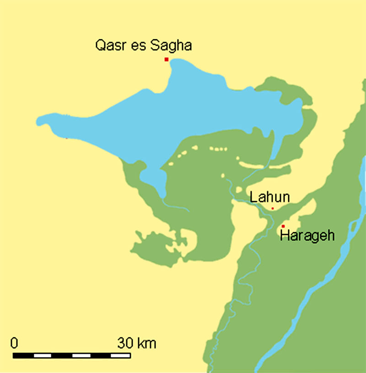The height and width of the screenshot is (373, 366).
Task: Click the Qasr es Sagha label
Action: click(143, 46)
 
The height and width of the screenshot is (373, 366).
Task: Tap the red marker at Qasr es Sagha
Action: click(167, 59)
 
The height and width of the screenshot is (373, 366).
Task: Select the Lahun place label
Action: click(270, 197)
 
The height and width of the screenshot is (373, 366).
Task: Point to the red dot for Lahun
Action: click(273, 208)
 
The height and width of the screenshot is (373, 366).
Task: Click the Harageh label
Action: click(307, 236)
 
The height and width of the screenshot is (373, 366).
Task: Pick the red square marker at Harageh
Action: click(283, 226)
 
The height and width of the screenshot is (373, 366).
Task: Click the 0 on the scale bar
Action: click(14, 342)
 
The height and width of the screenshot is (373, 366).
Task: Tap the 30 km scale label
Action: click(136, 342)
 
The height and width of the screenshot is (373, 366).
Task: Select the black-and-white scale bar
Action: click(72, 355)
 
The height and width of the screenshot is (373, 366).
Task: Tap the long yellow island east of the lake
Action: click(263, 164)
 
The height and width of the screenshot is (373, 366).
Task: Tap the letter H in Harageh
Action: click(284, 236)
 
